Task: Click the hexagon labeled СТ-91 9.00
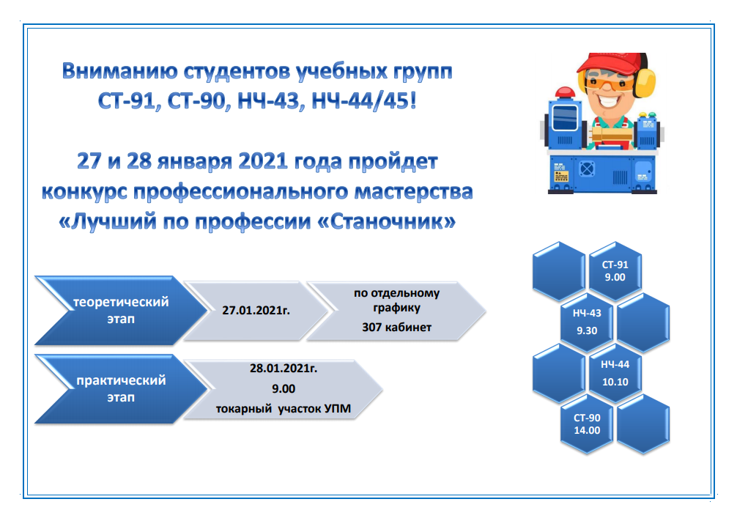tap(615, 271)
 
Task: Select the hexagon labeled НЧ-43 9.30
tap(587, 322)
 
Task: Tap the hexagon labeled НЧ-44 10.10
tap(615, 373)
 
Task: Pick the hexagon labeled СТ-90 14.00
tap(587, 424)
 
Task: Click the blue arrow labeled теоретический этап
tap(121, 311)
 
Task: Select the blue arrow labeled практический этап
tap(121, 389)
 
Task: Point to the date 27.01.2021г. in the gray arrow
tap(256, 311)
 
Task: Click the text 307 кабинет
tap(396, 328)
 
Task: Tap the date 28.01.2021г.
tap(284, 368)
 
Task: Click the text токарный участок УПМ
tap(284, 409)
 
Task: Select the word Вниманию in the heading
tap(120, 72)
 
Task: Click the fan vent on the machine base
tap(586, 169)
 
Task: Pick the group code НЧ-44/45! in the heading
tap(364, 101)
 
